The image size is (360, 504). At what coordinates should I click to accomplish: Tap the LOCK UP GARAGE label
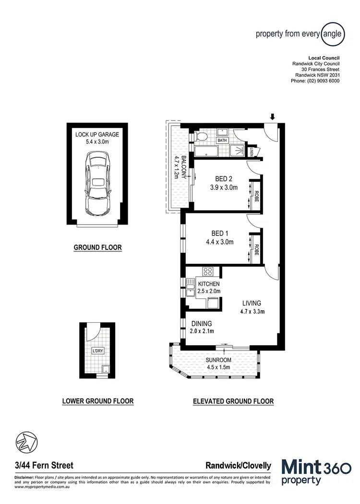click(97, 134)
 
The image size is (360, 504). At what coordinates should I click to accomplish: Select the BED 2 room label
click(224, 179)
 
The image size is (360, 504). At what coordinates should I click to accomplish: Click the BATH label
click(222, 141)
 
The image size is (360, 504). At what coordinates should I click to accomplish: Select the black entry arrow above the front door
click(273, 117)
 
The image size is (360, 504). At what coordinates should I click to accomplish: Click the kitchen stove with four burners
click(208, 272)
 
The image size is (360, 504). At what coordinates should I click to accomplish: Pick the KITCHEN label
click(209, 284)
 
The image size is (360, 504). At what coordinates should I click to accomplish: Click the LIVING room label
click(252, 303)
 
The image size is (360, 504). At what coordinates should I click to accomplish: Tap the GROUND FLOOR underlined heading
click(97, 248)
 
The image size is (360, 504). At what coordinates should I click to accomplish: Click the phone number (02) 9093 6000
click(315, 81)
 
